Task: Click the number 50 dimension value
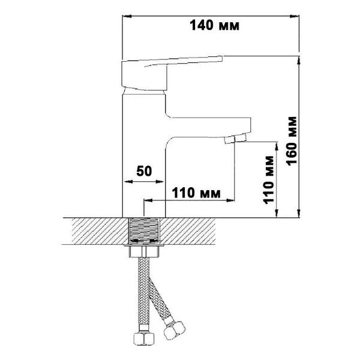[x=143, y=170]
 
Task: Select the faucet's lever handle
[x=174, y=61]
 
